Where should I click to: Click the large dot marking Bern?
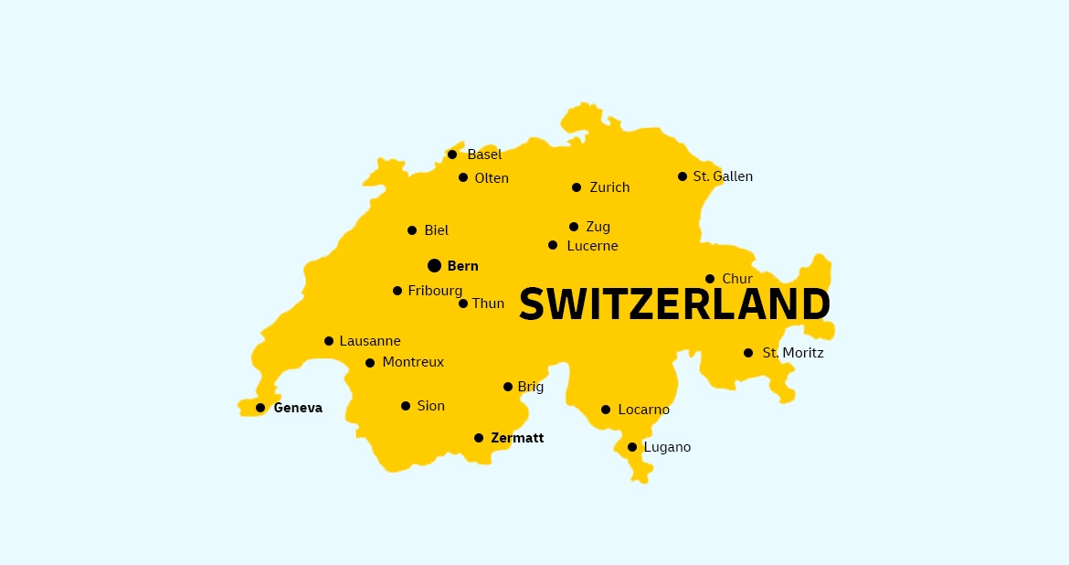click(434, 265)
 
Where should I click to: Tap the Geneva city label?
click(298, 408)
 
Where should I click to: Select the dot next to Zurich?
click(577, 187)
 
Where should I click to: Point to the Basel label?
click(484, 155)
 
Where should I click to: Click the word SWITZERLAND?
click(674, 304)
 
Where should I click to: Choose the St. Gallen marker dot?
click(683, 176)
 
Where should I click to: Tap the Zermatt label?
click(517, 438)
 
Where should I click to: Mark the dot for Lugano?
click(632, 447)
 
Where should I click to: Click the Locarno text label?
click(643, 410)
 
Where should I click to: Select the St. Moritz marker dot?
click(748, 353)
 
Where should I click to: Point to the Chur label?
click(737, 279)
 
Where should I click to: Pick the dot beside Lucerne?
click(553, 245)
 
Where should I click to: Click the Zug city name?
click(598, 227)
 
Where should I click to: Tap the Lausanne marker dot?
click(329, 341)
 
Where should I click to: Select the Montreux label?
click(413, 362)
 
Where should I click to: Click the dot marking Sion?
click(406, 406)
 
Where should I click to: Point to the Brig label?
click(530, 387)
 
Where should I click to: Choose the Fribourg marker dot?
click(397, 291)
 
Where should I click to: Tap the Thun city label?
click(488, 304)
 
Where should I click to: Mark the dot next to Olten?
click(463, 177)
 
